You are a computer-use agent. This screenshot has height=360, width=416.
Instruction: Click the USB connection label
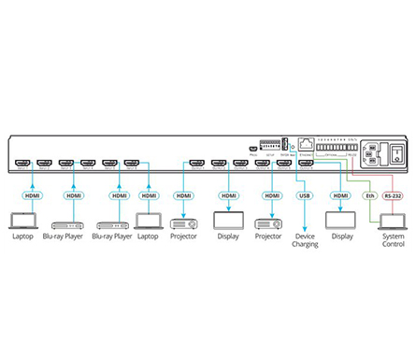(304, 195)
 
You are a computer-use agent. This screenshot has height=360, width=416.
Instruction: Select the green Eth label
(368, 195)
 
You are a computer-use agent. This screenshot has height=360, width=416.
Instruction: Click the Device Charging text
(304, 240)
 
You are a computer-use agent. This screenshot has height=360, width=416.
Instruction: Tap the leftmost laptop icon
(22, 221)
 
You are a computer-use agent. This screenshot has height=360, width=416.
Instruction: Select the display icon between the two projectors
(228, 222)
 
